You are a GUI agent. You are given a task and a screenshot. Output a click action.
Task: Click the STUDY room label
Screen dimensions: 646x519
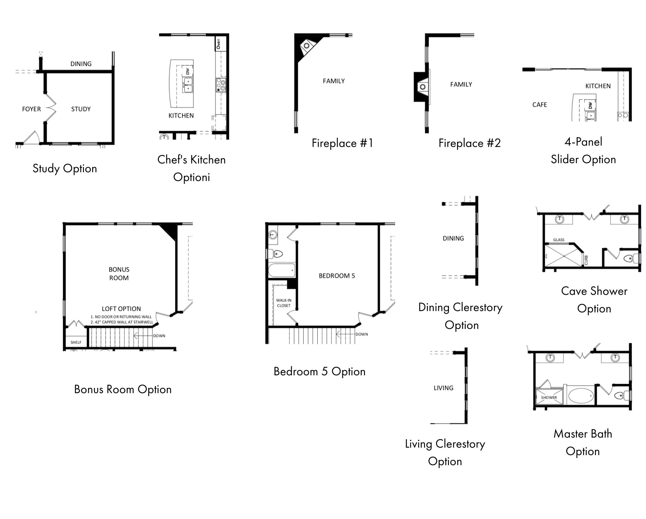81,109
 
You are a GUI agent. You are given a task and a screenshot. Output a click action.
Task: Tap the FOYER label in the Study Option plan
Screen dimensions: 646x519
31,109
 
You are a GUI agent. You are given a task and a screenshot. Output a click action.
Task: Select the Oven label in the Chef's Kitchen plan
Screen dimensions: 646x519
219,44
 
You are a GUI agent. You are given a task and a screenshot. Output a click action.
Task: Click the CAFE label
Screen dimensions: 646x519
539,105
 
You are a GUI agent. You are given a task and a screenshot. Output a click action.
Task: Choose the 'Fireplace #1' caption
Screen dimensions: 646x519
342,143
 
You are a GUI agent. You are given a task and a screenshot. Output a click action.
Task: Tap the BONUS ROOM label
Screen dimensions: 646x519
119,273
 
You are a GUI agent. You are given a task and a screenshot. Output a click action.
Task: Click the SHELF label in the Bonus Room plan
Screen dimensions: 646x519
76,342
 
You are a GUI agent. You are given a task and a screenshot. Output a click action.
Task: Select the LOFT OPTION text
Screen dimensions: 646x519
121,309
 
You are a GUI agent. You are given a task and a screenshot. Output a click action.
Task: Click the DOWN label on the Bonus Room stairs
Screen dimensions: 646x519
159,336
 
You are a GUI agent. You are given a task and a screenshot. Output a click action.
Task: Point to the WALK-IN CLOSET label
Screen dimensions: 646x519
284,303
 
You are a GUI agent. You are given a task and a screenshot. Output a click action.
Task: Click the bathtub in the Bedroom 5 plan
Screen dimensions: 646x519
282,270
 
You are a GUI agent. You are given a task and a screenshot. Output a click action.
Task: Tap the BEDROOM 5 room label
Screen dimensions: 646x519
337,276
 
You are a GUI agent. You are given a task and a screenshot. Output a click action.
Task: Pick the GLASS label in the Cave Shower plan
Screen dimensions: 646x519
558,240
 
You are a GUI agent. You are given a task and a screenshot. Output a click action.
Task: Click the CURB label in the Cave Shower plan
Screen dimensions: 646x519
586,260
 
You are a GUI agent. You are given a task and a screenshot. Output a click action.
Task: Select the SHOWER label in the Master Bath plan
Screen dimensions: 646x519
549,397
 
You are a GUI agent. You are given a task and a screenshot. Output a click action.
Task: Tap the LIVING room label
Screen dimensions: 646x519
443,388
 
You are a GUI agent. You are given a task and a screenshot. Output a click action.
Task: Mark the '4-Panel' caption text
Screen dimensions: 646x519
583,142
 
